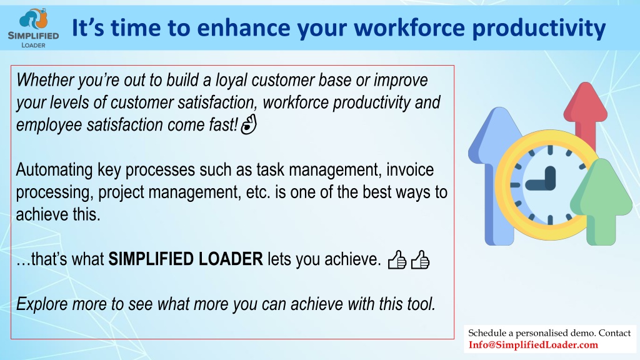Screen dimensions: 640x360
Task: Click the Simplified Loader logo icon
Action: (34, 19)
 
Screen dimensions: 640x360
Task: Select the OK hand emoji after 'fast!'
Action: (249, 124)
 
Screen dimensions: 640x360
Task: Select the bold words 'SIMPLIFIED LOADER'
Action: (185, 259)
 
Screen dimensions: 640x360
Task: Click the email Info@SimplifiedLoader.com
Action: (533, 345)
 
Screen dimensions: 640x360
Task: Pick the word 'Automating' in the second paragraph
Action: (54, 170)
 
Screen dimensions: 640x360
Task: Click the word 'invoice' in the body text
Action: (410, 169)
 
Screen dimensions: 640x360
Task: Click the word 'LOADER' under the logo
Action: (34, 45)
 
